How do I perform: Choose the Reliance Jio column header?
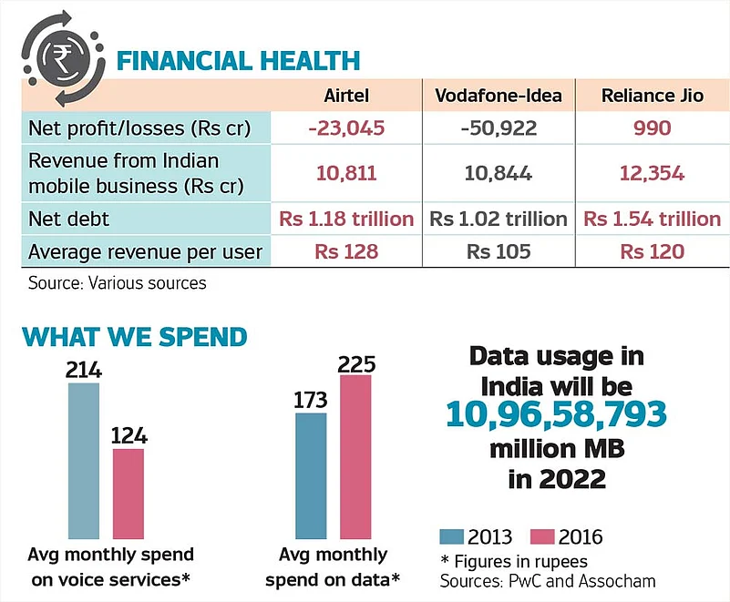point(653,96)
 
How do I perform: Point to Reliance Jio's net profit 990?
point(652,127)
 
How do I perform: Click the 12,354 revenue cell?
point(652,173)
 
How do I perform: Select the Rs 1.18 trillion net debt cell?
point(347,219)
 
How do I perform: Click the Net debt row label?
point(69,219)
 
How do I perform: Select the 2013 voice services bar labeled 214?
point(83,460)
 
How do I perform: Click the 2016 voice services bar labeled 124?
point(129,493)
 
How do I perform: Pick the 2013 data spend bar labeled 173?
point(311,475)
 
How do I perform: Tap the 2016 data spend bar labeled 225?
point(355,456)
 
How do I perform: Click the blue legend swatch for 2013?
point(453,536)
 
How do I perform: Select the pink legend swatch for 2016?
point(542,536)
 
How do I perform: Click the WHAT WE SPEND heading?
point(135,336)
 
